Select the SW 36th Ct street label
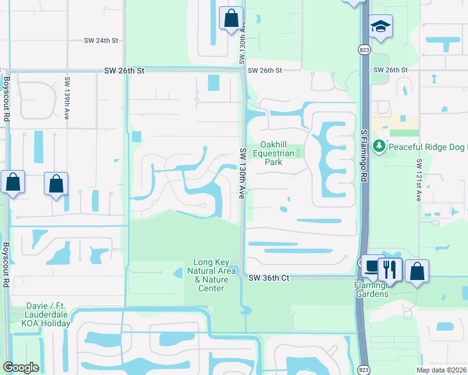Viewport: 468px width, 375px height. pyautogui.click(x=268, y=277)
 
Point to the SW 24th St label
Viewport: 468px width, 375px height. pyautogui.click(x=101, y=40)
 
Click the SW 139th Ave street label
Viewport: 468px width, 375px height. pyautogui.click(x=66, y=91)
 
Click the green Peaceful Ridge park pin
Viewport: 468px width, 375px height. pyautogui.click(x=379, y=146)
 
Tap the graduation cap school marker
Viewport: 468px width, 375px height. pyautogui.click(x=380, y=27)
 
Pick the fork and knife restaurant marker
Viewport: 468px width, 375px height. pyautogui.click(x=390, y=269)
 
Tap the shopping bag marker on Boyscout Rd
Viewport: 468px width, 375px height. pyautogui.click(x=13, y=182)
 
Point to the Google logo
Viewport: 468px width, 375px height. pyautogui.click(x=21, y=367)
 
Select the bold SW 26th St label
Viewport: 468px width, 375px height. pyautogui.click(x=124, y=71)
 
